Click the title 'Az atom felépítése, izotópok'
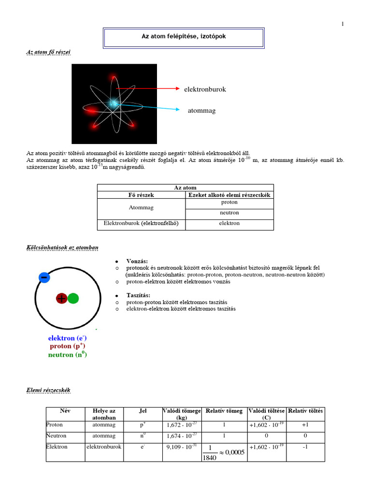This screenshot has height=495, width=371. [x=183, y=37]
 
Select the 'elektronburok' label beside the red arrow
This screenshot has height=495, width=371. [x=204, y=89]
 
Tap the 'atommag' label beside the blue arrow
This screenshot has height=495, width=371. [x=201, y=111]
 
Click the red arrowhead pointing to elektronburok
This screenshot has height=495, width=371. [x=176, y=89]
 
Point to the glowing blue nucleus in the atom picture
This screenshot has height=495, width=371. [x=114, y=102]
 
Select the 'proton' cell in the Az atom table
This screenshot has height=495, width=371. [x=229, y=203]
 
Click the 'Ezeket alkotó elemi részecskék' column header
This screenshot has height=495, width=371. [x=229, y=195]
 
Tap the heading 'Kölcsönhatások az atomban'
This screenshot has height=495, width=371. [x=62, y=247]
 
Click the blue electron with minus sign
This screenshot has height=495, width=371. [x=44, y=277]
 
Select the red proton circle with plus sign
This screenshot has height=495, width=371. [x=62, y=299]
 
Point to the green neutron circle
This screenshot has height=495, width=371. [x=73, y=299]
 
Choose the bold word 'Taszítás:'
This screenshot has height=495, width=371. [x=139, y=295]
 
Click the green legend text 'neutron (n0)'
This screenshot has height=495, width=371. [x=67, y=354]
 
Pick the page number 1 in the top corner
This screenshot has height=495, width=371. [x=342, y=24]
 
